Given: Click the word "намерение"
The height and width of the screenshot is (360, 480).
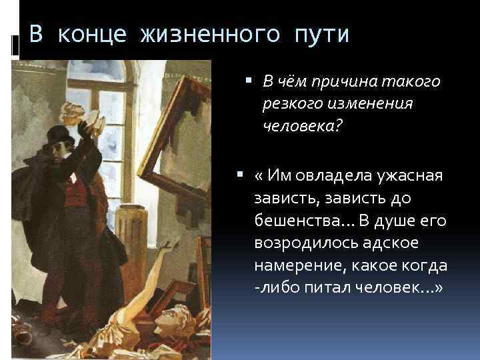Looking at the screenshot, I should pyautogui.click(x=293, y=266).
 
